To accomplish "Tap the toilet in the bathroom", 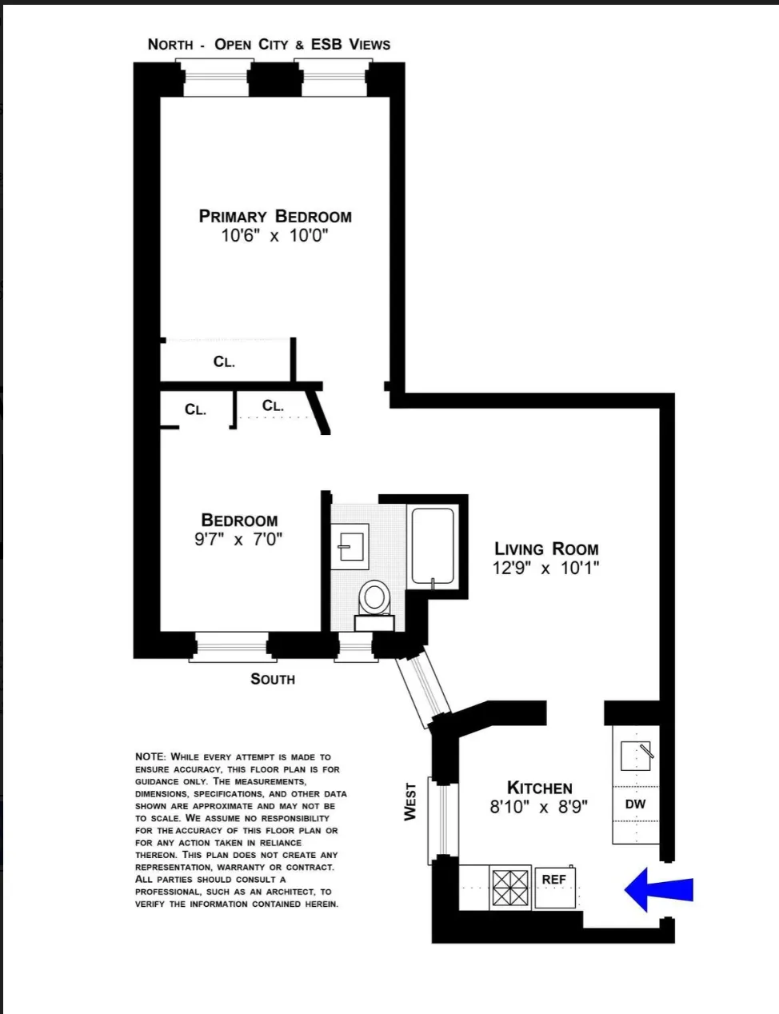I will [374, 597].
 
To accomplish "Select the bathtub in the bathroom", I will [433, 545].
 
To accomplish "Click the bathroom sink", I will [350, 546].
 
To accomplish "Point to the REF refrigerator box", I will [554, 886].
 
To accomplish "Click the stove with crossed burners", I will [510, 887].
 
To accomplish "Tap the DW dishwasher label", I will [636, 804].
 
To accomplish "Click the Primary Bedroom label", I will [275, 216].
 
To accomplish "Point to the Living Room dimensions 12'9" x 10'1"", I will [546, 569].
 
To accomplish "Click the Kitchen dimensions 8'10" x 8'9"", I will [539, 807].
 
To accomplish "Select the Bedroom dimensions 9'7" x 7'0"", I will [238, 540].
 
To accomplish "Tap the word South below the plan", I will [273, 679].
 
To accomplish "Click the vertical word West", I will [410, 801].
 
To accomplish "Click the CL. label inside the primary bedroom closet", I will [224, 362].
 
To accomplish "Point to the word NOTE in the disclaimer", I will [150, 757].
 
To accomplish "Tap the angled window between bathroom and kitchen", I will [421, 685].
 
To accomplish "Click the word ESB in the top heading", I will [326, 44].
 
